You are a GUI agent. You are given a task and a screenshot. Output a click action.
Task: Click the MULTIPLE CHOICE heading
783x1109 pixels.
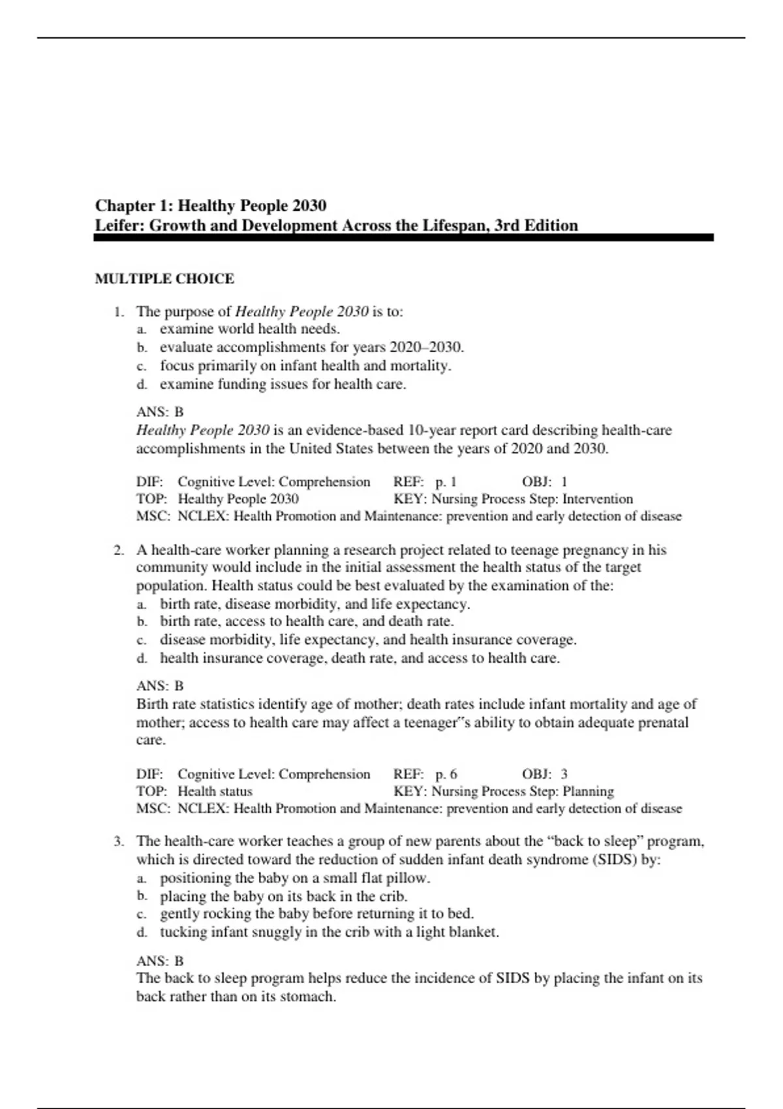tap(164, 279)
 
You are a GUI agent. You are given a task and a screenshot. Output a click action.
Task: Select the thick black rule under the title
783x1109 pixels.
tap(403, 238)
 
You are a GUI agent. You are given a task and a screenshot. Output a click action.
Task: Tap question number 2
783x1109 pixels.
tap(119, 550)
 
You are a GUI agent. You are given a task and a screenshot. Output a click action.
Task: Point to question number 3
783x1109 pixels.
tap(119, 842)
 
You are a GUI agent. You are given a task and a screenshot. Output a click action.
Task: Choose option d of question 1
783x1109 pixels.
tap(283, 384)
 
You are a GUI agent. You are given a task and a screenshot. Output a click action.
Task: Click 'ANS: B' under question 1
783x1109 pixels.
tap(160, 412)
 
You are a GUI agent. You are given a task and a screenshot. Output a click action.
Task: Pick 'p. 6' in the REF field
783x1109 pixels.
tap(446, 774)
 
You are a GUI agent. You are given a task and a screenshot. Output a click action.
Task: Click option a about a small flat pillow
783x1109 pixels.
tap(295, 878)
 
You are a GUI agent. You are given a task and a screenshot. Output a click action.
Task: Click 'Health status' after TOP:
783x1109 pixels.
tap(215, 791)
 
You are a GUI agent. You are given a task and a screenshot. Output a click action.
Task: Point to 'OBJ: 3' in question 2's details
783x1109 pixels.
tap(545, 774)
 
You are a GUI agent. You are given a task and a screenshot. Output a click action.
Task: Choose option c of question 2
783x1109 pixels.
tap(368, 640)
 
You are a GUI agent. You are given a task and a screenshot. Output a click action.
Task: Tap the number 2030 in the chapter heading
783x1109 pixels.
tap(309, 205)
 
